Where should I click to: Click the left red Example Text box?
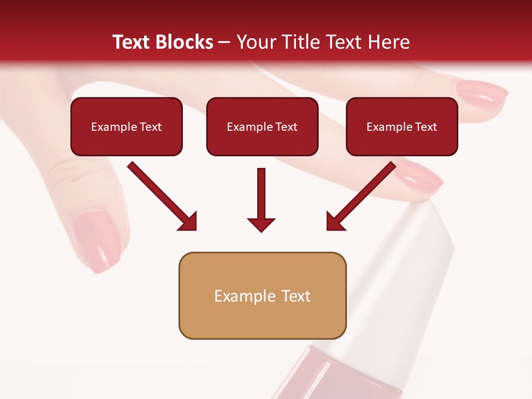click(126, 127)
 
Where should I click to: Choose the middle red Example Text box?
click(262, 127)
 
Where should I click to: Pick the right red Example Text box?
click(402, 127)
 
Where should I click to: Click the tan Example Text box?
click(262, 296)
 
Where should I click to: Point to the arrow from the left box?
click(162, 196)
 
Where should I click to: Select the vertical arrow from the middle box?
click(261, 199)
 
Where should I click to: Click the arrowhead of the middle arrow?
click(261, 224)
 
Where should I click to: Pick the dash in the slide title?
click(224, 43)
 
